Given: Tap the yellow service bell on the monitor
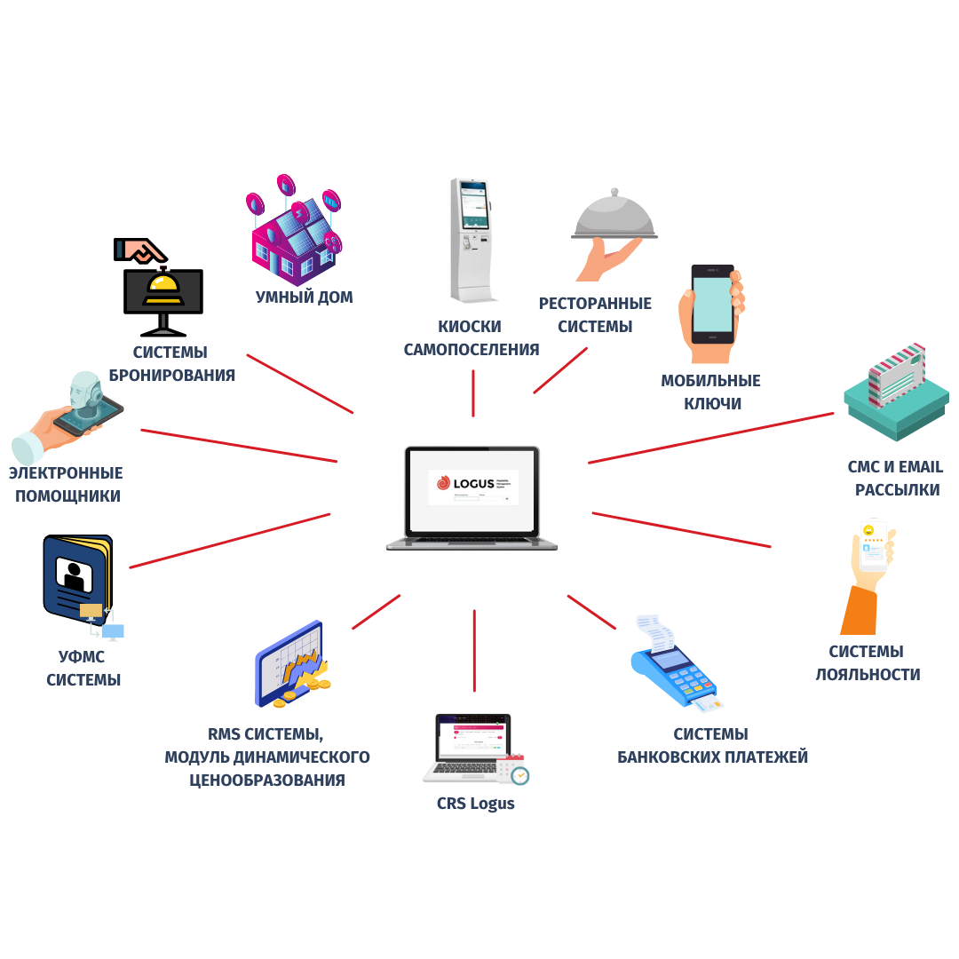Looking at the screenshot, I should click(164, 287).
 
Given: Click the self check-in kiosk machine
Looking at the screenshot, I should click(470, 240).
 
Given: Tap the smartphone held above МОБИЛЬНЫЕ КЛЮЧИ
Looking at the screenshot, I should click(712, 305).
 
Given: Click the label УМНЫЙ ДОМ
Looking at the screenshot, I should click(305, 297).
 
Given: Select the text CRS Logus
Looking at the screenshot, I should click(475, 804).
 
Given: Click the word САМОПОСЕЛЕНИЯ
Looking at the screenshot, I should click(472, 350).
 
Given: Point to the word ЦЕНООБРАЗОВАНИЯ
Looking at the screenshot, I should click(267, 781).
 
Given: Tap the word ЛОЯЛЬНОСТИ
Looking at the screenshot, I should click(868, 675).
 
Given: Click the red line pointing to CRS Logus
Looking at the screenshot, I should click(474, 650).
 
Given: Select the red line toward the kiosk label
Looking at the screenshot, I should click(473, 392).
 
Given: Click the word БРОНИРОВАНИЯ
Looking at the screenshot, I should click(172, 376).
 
